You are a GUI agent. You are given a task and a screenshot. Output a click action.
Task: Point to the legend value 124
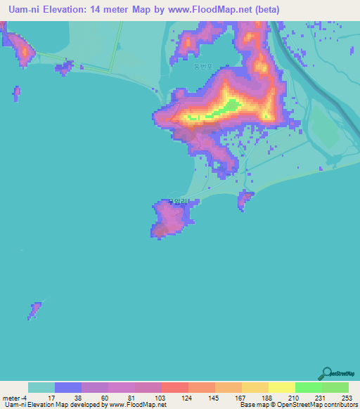187,397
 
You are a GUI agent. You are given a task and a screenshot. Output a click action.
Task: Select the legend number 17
51,397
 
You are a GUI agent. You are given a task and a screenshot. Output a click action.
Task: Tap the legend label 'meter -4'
15,397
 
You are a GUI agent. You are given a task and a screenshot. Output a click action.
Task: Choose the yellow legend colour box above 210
281,387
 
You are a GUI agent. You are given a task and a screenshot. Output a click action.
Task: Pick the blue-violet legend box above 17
68,387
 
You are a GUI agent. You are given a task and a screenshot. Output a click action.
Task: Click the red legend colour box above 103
174,387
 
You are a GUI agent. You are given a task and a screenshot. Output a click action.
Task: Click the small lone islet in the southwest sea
34,309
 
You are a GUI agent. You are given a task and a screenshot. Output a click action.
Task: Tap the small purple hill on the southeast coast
245,200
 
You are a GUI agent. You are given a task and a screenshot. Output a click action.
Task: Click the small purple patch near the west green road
64,68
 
